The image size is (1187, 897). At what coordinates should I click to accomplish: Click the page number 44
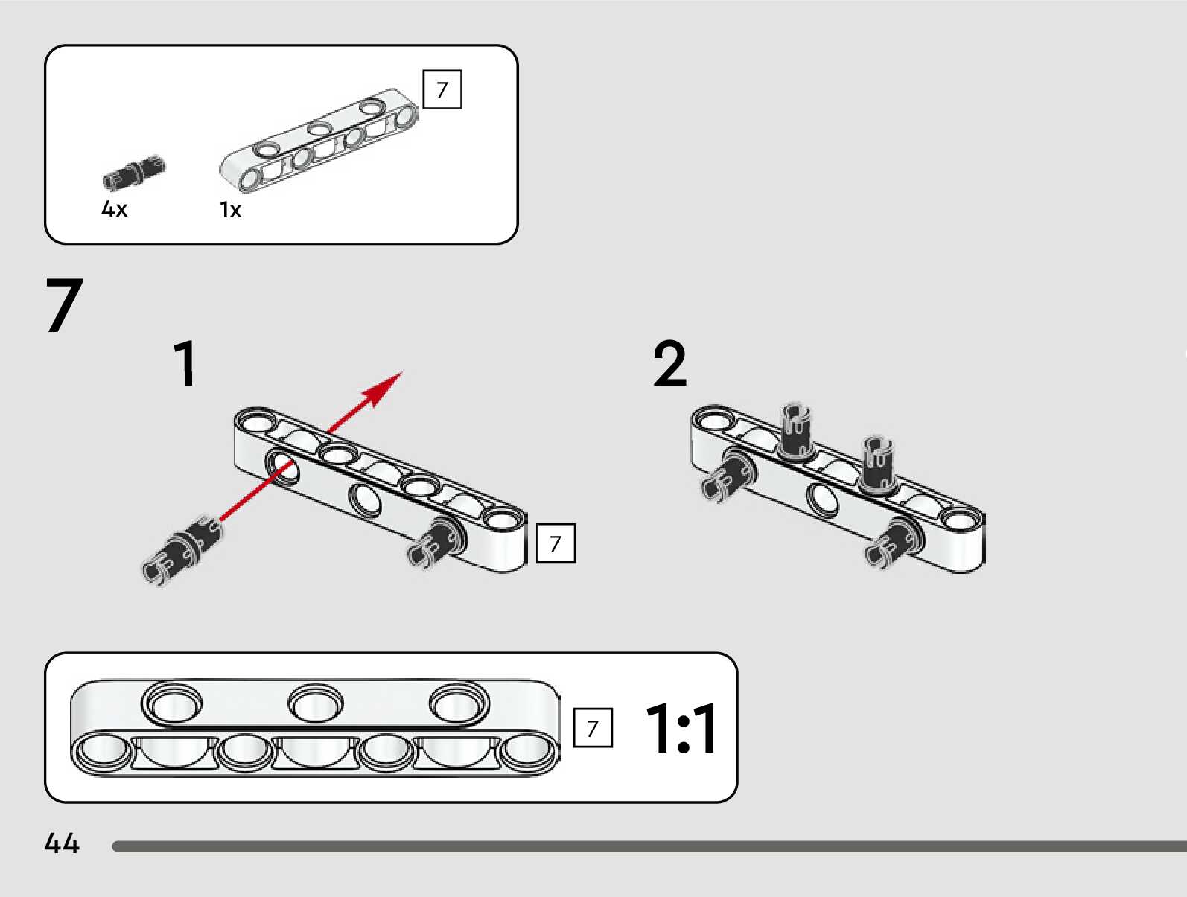click(62, 843)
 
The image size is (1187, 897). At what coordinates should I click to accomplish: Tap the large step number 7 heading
click(64, 305)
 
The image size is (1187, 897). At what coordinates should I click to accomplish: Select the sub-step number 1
click(185, 363)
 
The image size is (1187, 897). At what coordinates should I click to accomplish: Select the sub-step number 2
click(670, 363)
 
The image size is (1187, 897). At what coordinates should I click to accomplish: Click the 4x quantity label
click(114, 208)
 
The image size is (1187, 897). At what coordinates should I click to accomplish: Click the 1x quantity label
click(230, 210)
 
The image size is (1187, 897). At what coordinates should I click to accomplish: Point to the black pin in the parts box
click(134, 173)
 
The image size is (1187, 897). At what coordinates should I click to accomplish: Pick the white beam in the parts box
click(319, 141)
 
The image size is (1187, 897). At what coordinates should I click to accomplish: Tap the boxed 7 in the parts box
click(442, 89)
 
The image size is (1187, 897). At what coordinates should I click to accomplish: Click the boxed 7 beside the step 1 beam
click(556, 543)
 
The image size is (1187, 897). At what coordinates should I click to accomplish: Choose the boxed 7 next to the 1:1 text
click(593, 728)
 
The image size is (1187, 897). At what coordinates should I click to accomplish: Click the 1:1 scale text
click(682, 728)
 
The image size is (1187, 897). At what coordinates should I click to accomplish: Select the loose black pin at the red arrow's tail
click(182, 549)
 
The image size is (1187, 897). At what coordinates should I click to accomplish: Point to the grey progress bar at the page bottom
click(649, 846)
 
